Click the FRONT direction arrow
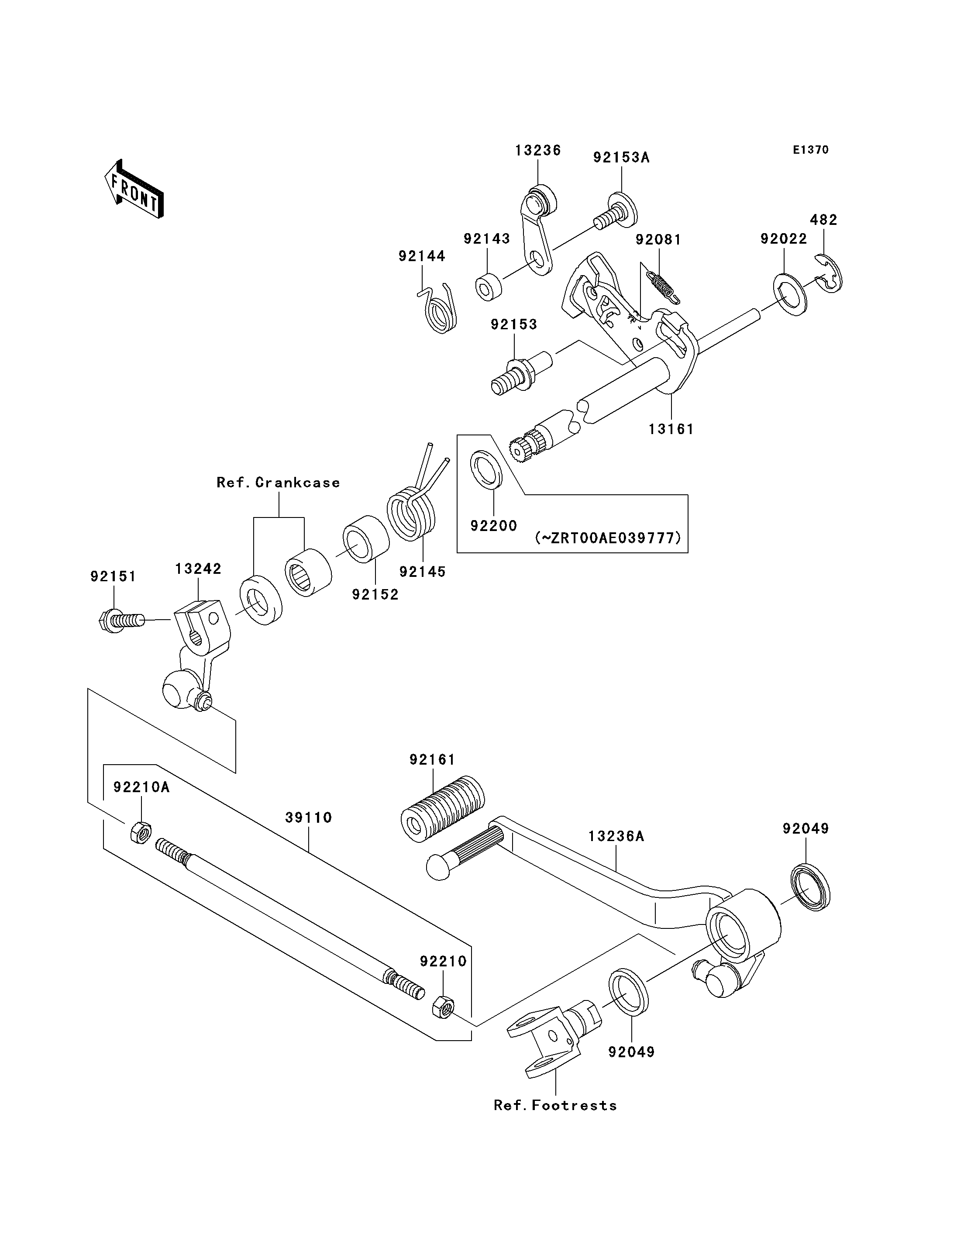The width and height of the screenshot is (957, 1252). (134, 189)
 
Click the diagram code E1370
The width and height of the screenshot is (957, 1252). (811, 150)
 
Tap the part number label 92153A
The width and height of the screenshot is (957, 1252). (621, 157)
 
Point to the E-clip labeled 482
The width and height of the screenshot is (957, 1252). (829, 272)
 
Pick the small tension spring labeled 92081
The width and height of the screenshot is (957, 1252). (663, 286)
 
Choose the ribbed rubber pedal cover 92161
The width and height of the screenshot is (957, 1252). (443, 807)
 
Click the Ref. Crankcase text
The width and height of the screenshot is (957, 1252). (278, 483)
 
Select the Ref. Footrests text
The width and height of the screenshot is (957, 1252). (555, 1106)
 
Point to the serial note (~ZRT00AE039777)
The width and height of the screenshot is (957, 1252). (608, 538)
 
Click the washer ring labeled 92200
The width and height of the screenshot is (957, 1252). (486, 469)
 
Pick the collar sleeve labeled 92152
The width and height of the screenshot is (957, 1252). (366, 538)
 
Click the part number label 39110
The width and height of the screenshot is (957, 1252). (308, 818)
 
